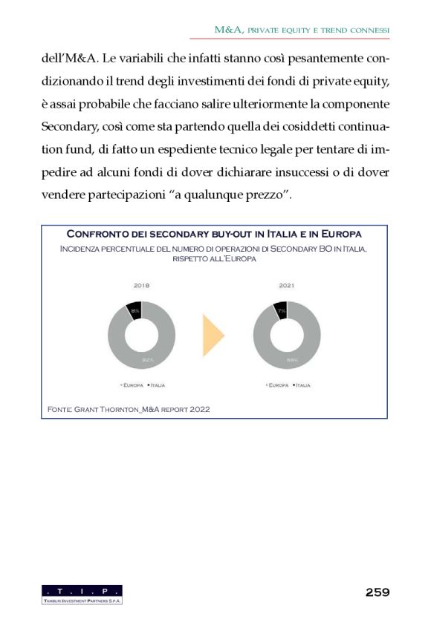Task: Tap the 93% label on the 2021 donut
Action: click(293, 361)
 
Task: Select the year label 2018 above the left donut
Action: click(141, 285)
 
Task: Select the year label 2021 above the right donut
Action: click(287, 285)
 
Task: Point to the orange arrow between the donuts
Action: click(213, 335)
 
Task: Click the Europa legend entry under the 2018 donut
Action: click(132, 385)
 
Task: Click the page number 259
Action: click(377, 592)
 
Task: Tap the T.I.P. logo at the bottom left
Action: click(82, 593)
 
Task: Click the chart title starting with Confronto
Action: click(214, 234)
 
